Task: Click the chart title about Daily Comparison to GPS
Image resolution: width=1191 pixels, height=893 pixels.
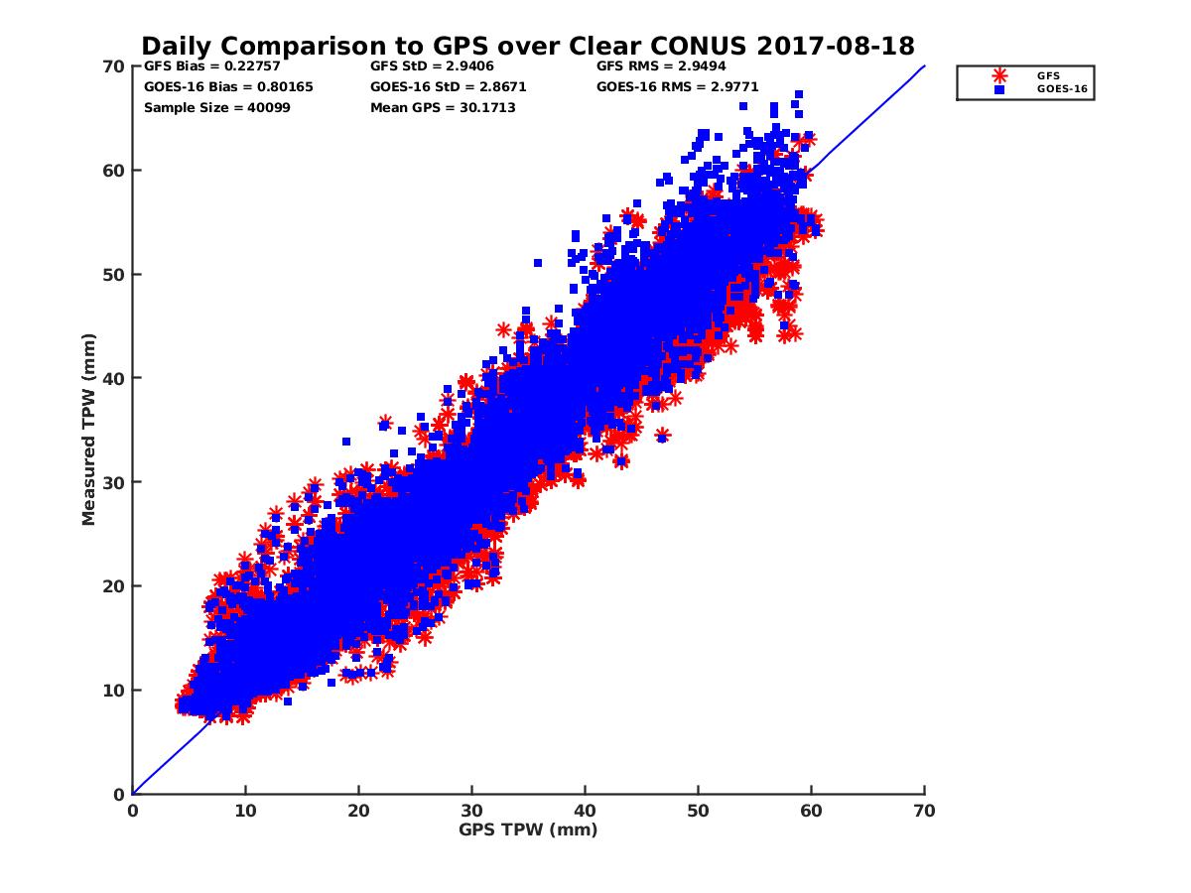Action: click(x=528, y=46)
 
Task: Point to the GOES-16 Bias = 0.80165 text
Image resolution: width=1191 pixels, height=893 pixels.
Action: click(x=228, y=86)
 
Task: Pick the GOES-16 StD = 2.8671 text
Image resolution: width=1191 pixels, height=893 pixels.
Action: click(x=448, y=86)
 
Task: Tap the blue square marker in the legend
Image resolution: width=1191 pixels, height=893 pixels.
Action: click(x=999, y=89)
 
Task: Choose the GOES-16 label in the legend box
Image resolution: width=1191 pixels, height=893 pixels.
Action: click(x=1054, y=89)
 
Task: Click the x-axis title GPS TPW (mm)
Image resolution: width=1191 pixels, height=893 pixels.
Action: click(x=528, y=829)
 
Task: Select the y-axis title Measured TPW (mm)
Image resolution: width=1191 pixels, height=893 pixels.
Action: click(x=89, y=430)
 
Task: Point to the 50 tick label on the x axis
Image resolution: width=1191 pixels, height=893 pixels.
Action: click(x=699, y=811)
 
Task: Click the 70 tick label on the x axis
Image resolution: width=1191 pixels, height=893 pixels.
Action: click(x=924, y=811)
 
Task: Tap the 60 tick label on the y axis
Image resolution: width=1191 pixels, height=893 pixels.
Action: click(x=114, y=171)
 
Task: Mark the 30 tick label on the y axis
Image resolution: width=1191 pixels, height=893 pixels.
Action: click(x=114, y=482)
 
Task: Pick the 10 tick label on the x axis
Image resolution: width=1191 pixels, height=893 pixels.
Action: click(x=245, y=811)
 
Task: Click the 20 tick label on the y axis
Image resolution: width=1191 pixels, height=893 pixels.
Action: click(x=114, y=586)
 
